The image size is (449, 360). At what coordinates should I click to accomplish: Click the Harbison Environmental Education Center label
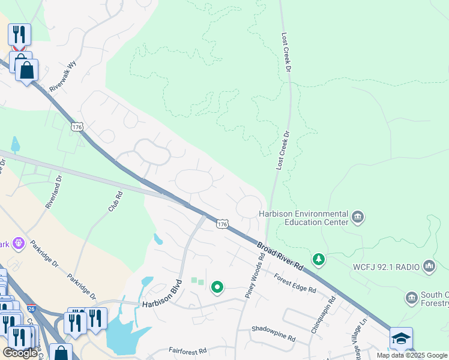tap(303, 218)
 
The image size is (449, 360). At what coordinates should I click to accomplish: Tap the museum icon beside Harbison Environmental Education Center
tap(358, 217)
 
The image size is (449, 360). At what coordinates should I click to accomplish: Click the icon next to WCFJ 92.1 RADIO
tap(429, 265)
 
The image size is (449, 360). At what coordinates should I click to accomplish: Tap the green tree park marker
tap(320, 259)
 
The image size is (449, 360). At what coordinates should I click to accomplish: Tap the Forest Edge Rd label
tap(295, 283)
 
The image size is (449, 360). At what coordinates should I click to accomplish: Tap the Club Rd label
tap(115, 201)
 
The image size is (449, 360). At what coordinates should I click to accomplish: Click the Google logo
tap(20, 353)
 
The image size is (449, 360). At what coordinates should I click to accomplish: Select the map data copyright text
tap(412, 355)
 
